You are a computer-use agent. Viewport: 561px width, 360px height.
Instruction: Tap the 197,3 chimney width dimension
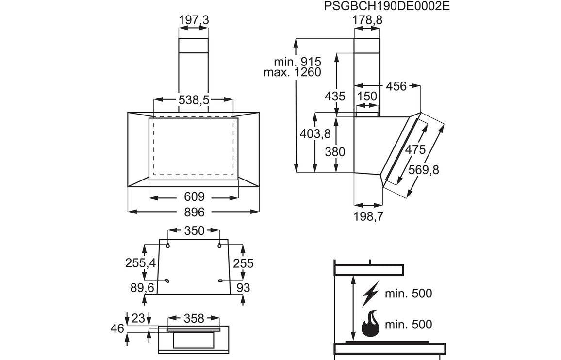194,20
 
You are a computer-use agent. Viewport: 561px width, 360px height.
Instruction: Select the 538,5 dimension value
194,100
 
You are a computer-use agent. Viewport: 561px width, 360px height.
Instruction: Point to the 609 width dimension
194,197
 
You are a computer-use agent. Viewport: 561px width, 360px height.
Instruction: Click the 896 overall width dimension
194,212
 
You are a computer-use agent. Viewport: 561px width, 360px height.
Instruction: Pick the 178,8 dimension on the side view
367,20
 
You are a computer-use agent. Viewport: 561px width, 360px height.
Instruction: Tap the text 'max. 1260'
293,72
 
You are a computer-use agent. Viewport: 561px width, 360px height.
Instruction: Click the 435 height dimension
335,96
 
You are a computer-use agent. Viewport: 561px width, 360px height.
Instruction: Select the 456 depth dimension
396,86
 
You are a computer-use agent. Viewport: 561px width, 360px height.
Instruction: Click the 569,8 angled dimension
423,170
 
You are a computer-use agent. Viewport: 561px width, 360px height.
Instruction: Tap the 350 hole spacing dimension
194,230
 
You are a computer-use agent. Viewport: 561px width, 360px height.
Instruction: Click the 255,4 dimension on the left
141,263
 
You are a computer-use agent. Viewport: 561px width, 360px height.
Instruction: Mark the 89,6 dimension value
142,288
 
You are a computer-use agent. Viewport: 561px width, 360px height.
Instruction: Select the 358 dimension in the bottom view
194,319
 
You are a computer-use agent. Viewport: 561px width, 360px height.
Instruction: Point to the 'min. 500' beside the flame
408,324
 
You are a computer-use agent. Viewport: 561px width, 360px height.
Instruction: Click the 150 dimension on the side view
367,96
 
